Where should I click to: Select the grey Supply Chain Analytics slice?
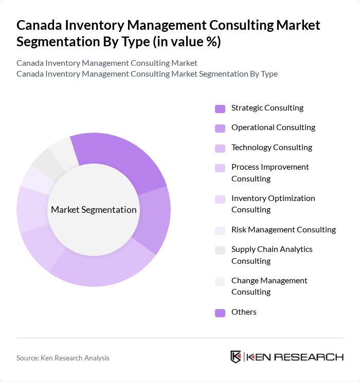point(42,160)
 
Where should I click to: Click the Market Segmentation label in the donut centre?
point(94,210)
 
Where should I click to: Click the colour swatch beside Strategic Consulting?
point(220,108)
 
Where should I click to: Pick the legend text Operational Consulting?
point(273,128)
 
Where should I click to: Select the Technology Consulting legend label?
point(272,148)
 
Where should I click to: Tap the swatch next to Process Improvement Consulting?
point(220,168)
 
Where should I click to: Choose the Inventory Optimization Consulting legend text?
point(273,204)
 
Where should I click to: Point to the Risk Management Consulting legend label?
point(283,230)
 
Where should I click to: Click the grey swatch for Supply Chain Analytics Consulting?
point(220,250)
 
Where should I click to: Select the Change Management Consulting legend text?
point(269,286)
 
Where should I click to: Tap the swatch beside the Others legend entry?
point(220,313)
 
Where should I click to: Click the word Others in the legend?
point(244,312)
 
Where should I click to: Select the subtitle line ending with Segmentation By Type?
point(147,74)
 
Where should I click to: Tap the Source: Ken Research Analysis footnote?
point(63,358)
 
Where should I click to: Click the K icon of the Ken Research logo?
point(236,357)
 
